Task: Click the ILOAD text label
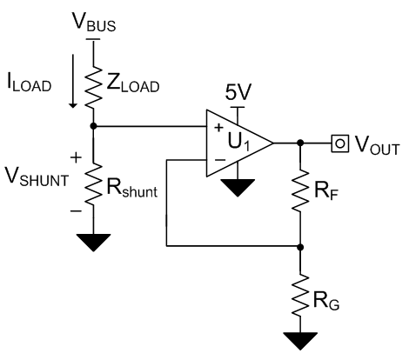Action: [30, 85]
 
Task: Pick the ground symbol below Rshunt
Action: [92, 240]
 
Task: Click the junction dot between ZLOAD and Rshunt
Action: [92, 126]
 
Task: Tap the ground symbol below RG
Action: [300, 342]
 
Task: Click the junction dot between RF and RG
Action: [300, 246]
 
